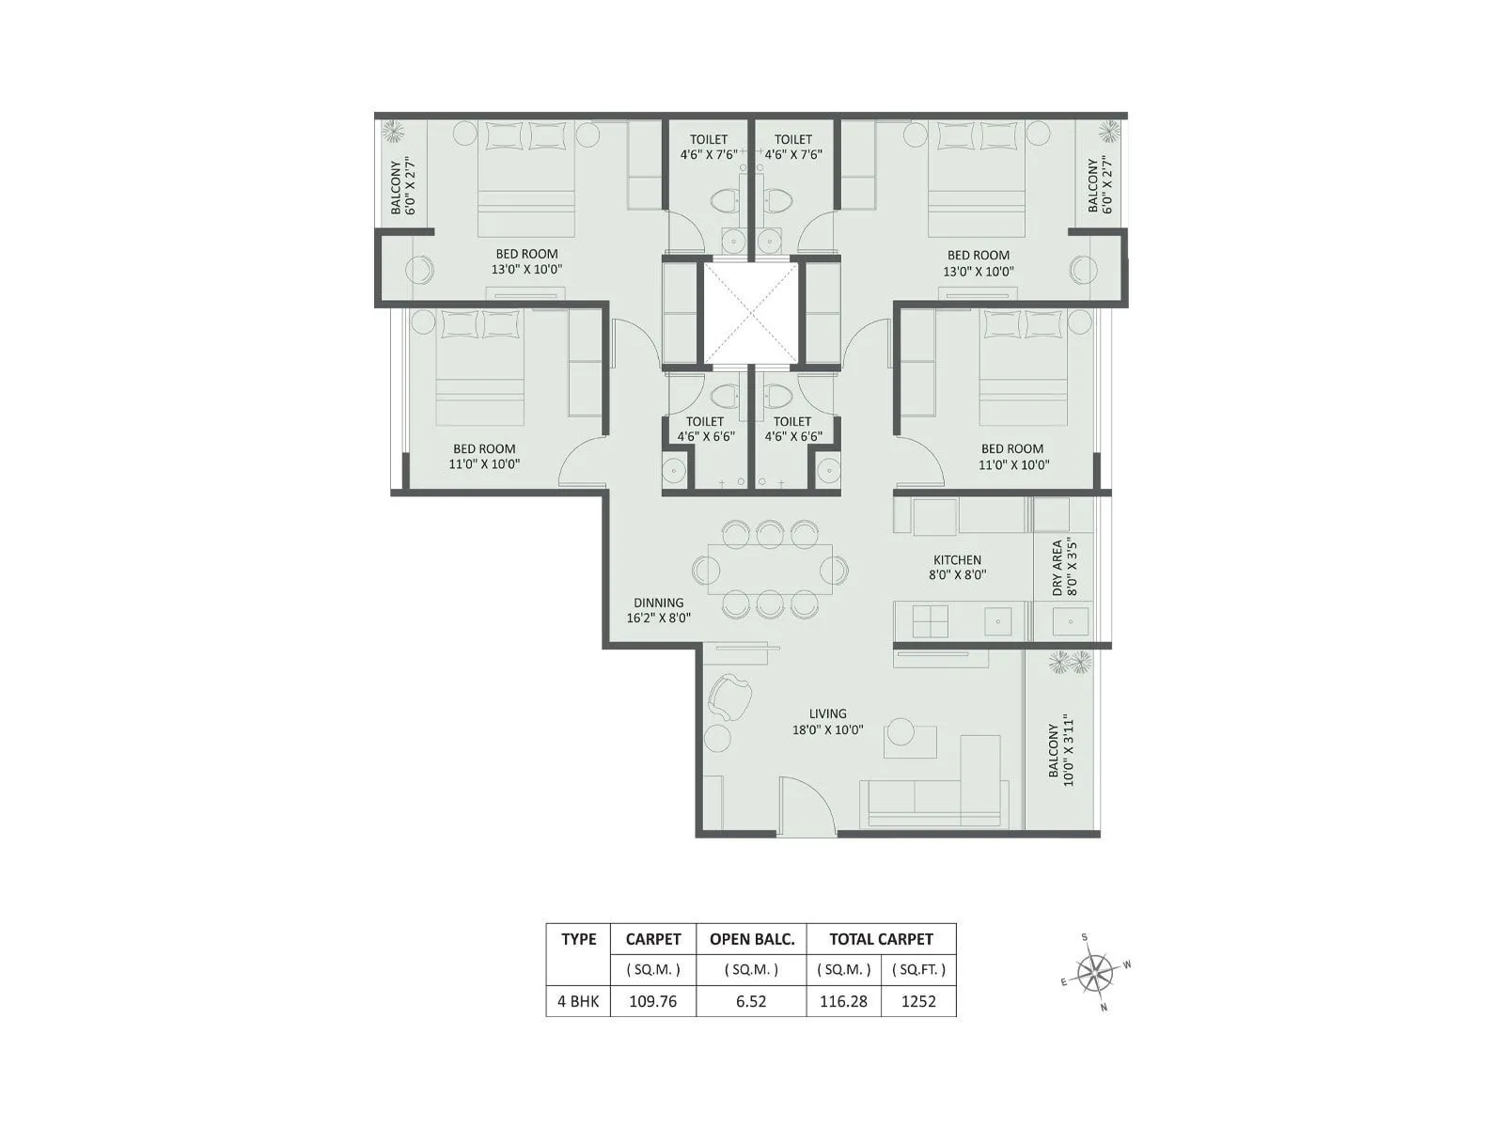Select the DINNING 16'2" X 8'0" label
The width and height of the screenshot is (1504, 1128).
click(658, 610)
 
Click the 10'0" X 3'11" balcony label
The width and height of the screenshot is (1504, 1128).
click(1059, 753)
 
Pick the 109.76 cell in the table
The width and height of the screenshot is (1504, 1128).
click(653, 1001)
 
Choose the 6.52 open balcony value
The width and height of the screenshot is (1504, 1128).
click(751, 1001)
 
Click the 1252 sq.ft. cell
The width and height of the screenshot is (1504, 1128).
click(918, 1001)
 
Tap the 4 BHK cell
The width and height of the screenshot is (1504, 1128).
click(578, 1001)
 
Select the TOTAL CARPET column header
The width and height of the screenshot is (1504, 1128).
click(881, 938)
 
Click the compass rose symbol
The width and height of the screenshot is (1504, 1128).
click(1093, 973)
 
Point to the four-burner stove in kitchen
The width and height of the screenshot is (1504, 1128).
click(931, 621)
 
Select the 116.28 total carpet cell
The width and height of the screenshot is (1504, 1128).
click(843, 1001)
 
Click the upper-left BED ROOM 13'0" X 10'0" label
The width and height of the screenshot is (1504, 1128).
click(526, 261)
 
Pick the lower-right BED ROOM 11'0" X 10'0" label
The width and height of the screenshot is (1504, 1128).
click(1012, 456)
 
